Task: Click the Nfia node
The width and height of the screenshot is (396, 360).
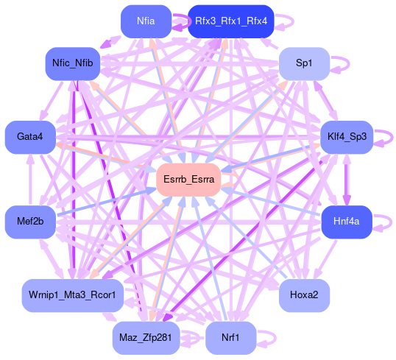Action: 146,21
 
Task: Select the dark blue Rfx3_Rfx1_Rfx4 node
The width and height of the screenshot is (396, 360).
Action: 231,21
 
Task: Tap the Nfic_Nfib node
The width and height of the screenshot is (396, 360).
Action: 73,63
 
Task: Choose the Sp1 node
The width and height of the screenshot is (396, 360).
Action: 304,63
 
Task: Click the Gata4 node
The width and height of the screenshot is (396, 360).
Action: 30,137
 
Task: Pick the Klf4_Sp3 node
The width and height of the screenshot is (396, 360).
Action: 347,137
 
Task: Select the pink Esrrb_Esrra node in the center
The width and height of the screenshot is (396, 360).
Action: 188,180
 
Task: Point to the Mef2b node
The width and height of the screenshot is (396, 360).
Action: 30,222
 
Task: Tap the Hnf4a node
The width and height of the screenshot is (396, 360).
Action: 347,222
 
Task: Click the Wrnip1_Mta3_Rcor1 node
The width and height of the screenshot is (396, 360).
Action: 73,295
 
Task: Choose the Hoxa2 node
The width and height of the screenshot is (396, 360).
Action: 304,295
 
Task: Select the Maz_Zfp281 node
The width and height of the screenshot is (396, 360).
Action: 146,338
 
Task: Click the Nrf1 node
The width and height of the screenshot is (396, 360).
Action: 231,338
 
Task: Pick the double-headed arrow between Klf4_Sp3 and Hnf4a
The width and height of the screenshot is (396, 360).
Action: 347,180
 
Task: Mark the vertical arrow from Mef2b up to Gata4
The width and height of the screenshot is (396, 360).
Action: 31,180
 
